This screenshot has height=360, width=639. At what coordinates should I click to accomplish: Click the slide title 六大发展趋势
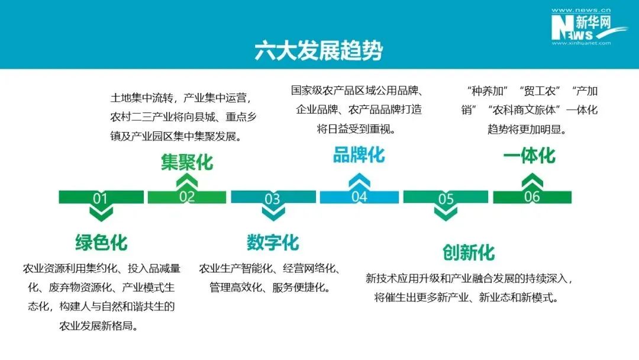(319, 50)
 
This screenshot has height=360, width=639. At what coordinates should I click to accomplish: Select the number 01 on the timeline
(100, 198)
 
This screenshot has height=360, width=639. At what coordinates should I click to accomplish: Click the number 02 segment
(187, 197)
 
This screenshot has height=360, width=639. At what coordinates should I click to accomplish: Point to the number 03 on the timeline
(272, 198)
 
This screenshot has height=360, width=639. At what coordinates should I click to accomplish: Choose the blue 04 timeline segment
(360, 197)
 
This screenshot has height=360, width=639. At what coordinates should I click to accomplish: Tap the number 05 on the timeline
(446, 198)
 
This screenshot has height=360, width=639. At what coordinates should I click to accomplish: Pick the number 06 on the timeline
(532, 197)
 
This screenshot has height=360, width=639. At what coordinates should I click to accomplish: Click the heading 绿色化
(102, 243)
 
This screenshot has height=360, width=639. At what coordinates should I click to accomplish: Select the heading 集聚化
(187, 162)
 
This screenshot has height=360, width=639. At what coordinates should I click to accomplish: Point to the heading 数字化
(273, 243)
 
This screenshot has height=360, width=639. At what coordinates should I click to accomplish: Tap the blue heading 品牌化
(359, 155)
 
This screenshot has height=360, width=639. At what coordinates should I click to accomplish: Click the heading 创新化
(469, 252)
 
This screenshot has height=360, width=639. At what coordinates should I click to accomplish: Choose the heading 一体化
(530, 156)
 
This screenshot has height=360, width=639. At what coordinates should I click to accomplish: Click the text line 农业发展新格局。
(98, 326)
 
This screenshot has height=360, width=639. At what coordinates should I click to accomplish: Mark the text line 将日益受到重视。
(356, 129)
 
